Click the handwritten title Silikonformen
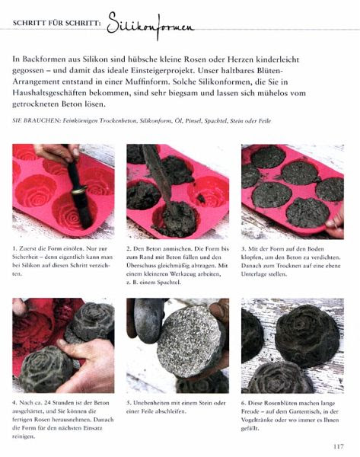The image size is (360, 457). click(150, 25)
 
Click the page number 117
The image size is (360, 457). click(339, 446)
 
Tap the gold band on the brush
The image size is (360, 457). click(79, 190)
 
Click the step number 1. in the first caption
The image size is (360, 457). click(14, 248)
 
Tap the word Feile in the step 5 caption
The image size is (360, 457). click(147, 411)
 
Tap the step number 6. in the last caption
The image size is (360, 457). click(244, 403)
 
